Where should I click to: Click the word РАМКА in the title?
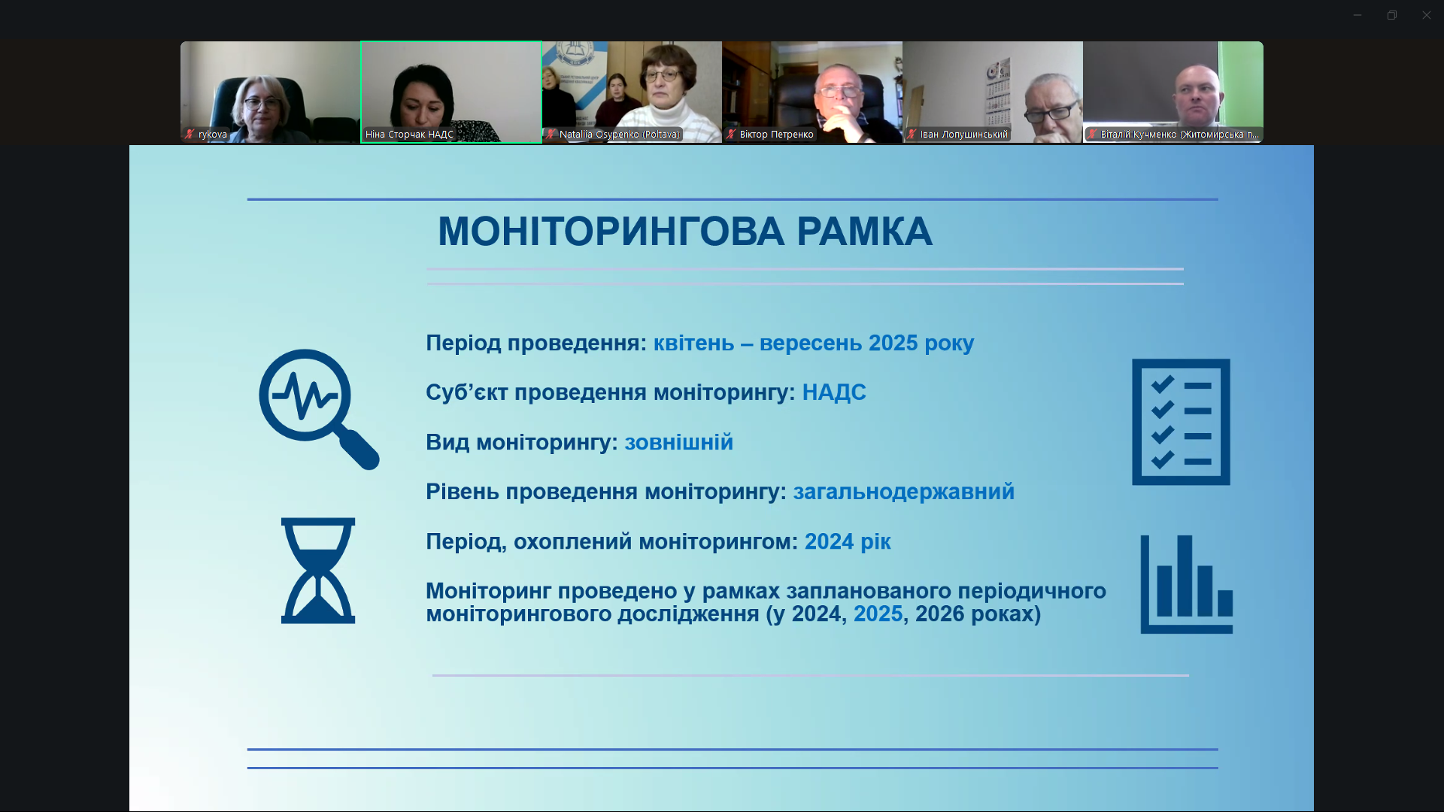(x=864, y=232)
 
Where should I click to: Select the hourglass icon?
(x=318, y=571)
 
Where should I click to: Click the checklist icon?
(x=1181, y=422)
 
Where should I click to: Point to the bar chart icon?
(x=1186, y=584)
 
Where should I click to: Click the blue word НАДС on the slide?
(x=834, y=392)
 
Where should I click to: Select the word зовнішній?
(x=678, y=442)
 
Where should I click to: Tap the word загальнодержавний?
(x=903, y=492)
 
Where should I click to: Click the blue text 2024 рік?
(x=848, y=542)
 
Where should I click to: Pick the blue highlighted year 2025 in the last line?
(x=878, y=614)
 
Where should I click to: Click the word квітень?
(x=693, y=344)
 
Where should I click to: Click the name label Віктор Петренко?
(x=776, y=135)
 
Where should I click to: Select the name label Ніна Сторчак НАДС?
(x=409, y=135)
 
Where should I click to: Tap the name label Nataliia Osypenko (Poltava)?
(x=620, y=135)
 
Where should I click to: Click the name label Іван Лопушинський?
(x=963, y=135)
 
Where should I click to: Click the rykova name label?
(x=213, y=135)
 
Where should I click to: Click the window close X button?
(x=1426, y=15)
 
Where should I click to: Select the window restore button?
(x=1392, y=15)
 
